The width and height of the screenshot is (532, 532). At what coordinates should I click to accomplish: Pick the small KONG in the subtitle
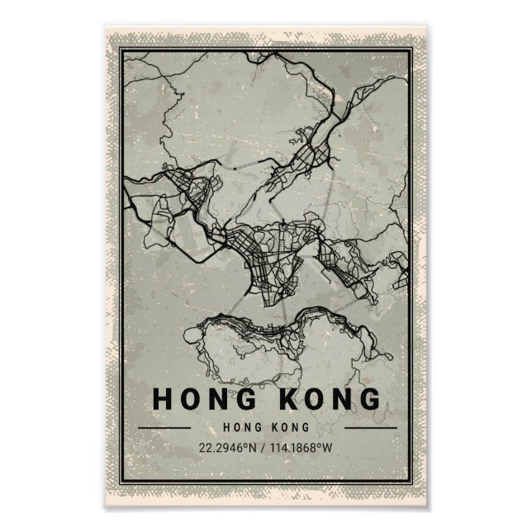click(290, 427)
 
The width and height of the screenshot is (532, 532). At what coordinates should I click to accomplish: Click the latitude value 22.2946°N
click(227, 449)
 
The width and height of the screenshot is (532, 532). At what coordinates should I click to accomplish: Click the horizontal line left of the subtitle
click(164, 428)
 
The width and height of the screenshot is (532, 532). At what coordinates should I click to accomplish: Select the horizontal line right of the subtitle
click(369, 428)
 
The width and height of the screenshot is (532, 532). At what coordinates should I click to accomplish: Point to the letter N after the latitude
click(251, 449)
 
